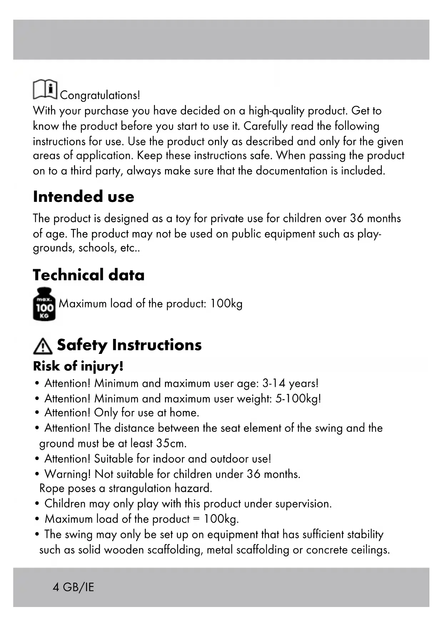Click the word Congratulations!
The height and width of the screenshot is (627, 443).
(x=100, y=95)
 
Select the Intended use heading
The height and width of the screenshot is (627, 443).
(x=84, y=197)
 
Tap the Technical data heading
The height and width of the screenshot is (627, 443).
(x=89, y=275)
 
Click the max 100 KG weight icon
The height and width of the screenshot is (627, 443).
(x=44, y=304)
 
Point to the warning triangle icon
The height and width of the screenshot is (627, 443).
(x=42, y=346)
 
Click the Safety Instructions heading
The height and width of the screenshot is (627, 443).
(x=129, y=345)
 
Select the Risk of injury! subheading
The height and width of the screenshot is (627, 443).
(x=78, y=366)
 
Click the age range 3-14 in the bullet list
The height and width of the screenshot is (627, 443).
(x=274, y=383)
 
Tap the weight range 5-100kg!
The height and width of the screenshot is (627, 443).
(x=298, y=399)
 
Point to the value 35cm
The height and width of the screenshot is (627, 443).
(x=171, y=444)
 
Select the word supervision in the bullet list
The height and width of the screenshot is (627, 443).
(x=303, y=504)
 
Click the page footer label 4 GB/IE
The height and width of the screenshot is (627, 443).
(x=73, y=587)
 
